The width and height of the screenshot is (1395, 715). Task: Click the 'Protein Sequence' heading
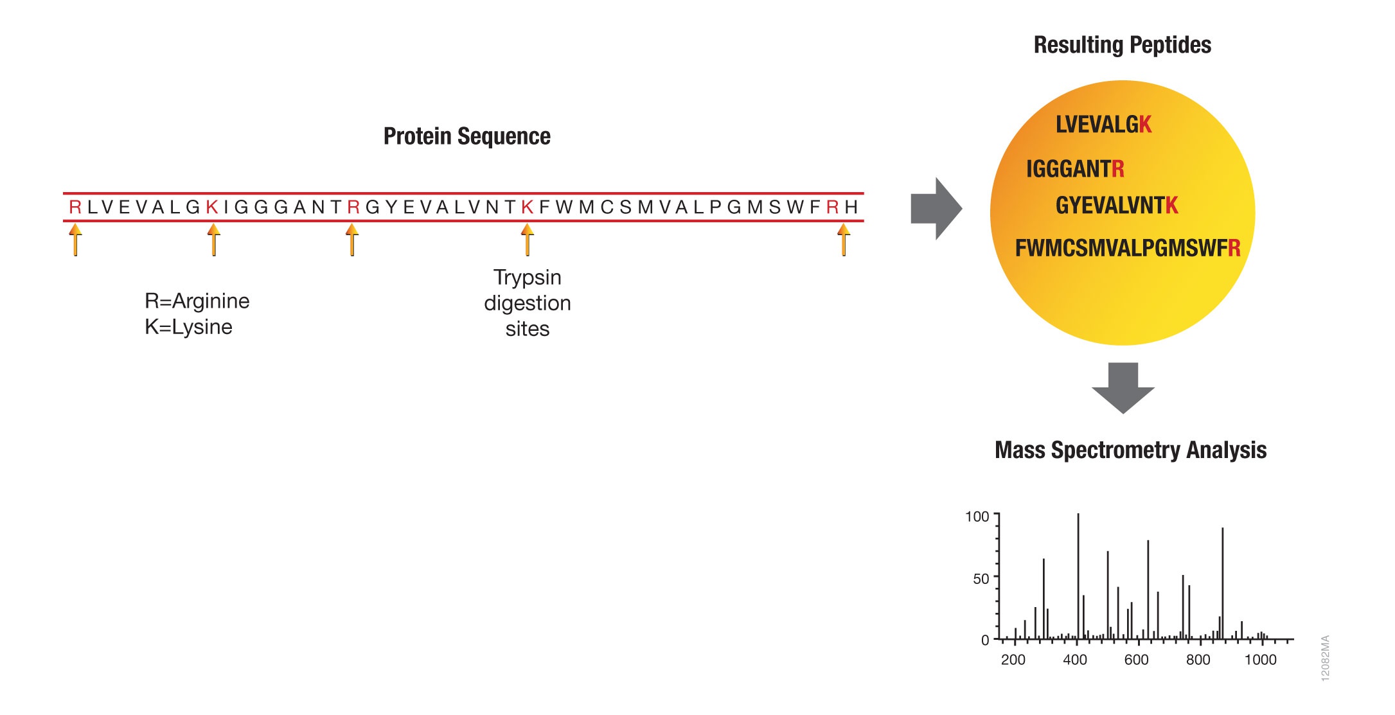(x=466, y=136)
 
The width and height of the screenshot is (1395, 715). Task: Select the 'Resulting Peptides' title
(x=1122, y=45)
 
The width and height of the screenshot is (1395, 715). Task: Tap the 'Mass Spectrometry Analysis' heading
(x=1130, y=450)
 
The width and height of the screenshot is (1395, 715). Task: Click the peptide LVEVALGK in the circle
(x=1103, y=124)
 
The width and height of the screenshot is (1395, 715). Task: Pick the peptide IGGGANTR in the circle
(x=1075, y=169)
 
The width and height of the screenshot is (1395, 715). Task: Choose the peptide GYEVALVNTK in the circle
(x=1117, y=206)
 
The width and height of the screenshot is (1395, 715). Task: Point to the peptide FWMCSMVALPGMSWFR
(x=1128, y=248)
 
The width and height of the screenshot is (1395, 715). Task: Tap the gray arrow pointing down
(x=1123, y=388)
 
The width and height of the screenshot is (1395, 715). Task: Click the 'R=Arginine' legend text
(x=197, y=301)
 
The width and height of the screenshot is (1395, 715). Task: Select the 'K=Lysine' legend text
(x=188, y=327)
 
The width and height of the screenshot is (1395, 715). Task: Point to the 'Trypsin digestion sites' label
(x=527, y=303)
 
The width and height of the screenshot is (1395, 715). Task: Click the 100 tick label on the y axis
(x=977, y=516)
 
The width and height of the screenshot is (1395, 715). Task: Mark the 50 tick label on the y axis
(x=981, y=579)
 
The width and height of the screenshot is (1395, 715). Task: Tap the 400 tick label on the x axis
(x=1075, y=660)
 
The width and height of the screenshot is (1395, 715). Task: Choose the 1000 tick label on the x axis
(x=1260, y=660)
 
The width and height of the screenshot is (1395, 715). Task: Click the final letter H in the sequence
(x=851, y=207)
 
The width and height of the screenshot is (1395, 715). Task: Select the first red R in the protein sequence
(x=75, y=207)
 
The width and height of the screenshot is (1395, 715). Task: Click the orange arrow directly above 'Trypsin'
(x=528, y=239)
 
